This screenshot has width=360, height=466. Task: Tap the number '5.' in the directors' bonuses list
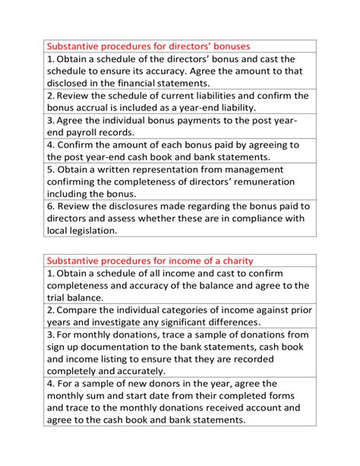(51, 170)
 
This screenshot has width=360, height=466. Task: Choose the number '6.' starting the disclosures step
(51, 206)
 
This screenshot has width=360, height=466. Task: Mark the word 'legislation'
(83, 230)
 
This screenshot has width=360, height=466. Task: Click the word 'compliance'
(244, 218)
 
